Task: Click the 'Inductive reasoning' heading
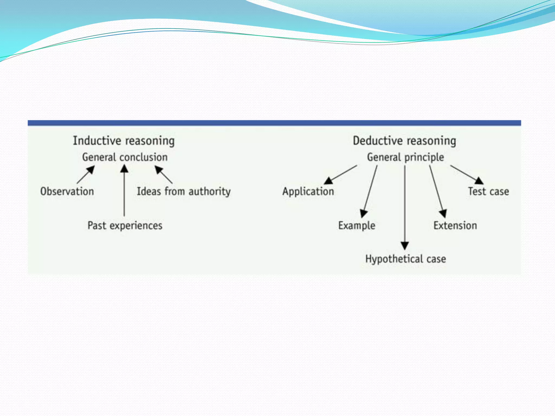point(124,141)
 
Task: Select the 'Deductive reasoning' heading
point(404,141)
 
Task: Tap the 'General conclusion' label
point(125,157)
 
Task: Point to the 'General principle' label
point(405,157)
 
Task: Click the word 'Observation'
point(67,191)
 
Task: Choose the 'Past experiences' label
point(125,226)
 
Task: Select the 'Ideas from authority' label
point(184,191)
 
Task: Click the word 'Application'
point(308,191)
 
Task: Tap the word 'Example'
point(357,226)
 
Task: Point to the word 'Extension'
point(455,226)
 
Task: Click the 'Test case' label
point(489,191)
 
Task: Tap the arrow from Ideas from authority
point(164,175)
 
